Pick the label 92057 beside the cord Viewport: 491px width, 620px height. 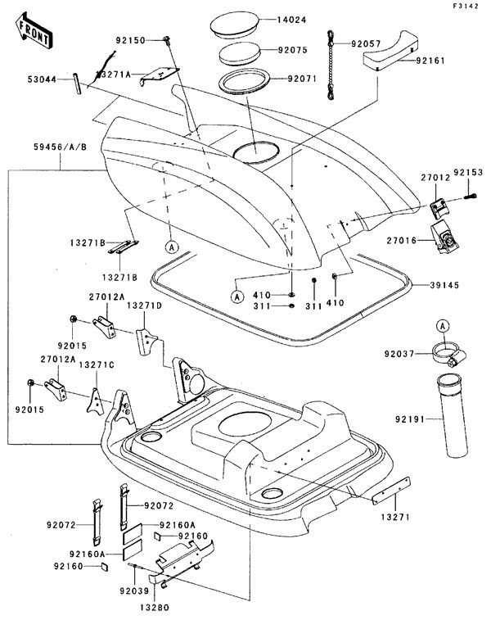367,42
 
